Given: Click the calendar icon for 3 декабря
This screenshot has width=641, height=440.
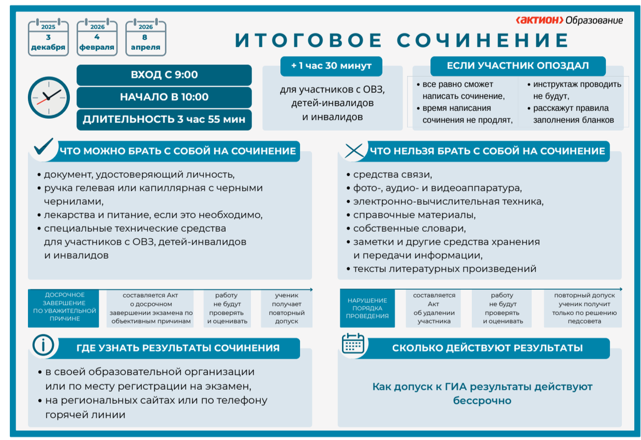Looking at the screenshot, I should (48, 37).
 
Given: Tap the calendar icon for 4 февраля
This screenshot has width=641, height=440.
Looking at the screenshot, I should (97, 37).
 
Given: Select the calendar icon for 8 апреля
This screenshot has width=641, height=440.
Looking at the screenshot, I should (146, 37).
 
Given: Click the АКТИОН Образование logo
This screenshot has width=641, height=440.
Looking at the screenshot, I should (569, 20).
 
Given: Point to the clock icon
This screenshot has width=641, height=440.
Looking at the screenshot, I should (48, 97).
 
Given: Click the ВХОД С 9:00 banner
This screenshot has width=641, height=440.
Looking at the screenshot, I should (164, 75).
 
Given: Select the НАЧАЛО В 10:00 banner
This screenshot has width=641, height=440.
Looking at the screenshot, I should (164, 97).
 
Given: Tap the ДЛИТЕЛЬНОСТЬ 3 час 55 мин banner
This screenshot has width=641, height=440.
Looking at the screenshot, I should (164, 119).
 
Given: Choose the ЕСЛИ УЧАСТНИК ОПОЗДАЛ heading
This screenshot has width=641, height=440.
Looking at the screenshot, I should (517, 66).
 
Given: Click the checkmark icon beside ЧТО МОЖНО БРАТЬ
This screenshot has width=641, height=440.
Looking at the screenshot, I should (44, 148).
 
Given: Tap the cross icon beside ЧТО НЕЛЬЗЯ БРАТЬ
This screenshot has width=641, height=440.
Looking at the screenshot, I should (353, 150).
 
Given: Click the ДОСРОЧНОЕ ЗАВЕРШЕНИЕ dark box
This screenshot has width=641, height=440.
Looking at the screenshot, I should (64, 307).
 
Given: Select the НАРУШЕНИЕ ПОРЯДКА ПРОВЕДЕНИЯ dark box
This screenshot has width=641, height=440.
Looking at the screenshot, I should (367, 308).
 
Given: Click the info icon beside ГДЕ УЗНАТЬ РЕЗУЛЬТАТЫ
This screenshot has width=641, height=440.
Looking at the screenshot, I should (43, 345).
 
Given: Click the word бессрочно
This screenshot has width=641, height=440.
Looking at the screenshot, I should (482, 401).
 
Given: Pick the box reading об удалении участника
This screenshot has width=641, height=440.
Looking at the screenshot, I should (434, 308).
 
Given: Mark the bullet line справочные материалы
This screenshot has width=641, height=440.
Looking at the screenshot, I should (414, 215).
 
